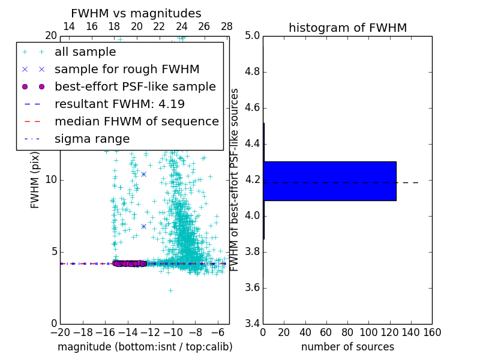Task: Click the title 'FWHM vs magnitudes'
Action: (x=136, y=14)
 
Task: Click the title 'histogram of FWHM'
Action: (x=347, y=28)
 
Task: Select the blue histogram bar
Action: (x=329, y=181)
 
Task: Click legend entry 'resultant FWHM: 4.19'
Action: (x=119, y=104)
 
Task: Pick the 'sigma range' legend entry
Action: (x=92, y=139)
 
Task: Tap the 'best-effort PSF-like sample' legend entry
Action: (x=135, y=86)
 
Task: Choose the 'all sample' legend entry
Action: (x=85, y=52)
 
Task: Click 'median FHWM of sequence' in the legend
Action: (x=136, y=121)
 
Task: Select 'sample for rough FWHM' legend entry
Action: (x=127, y=69)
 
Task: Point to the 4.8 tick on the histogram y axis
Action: (x=252, y=72)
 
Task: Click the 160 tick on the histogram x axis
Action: (x=432, y=332)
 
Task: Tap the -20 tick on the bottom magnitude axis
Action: (x=60, y=332)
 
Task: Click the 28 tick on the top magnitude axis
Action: (x=227, y=26)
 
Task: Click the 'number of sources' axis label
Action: (x=347, y=347)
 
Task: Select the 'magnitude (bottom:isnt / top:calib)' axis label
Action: (x=145, y=347)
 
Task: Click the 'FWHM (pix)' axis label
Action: (x=35, y=180)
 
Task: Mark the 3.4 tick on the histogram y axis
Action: (x=252, y=323)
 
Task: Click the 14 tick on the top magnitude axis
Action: (x=69, y=26)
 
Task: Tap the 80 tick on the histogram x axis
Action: (x=347, y=332)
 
